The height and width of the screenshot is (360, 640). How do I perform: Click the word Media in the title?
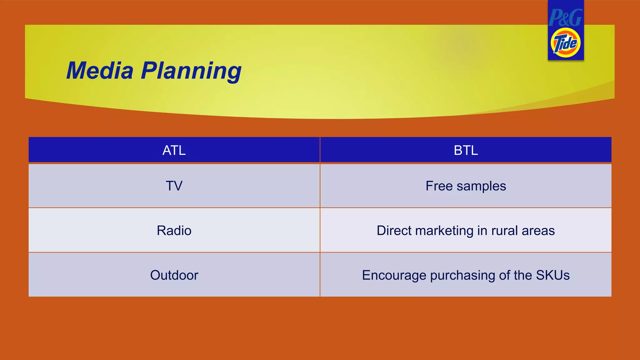click(x=100, y=71)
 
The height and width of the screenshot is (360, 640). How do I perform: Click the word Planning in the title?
click(x=191, y=71)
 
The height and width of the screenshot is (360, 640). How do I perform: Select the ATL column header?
click(x=174, y=150)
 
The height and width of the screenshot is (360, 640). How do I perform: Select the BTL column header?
click(x=466, y=150)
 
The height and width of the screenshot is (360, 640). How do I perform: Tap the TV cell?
click(x=174, y=186)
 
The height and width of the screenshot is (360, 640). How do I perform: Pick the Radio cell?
click(x=174, y=231)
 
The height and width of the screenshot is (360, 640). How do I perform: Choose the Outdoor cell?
click(x=174, y=275)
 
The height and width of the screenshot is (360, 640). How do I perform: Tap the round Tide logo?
click(x=566, y=43)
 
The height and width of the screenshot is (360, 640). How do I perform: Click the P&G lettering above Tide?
click(x=566, y=17)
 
